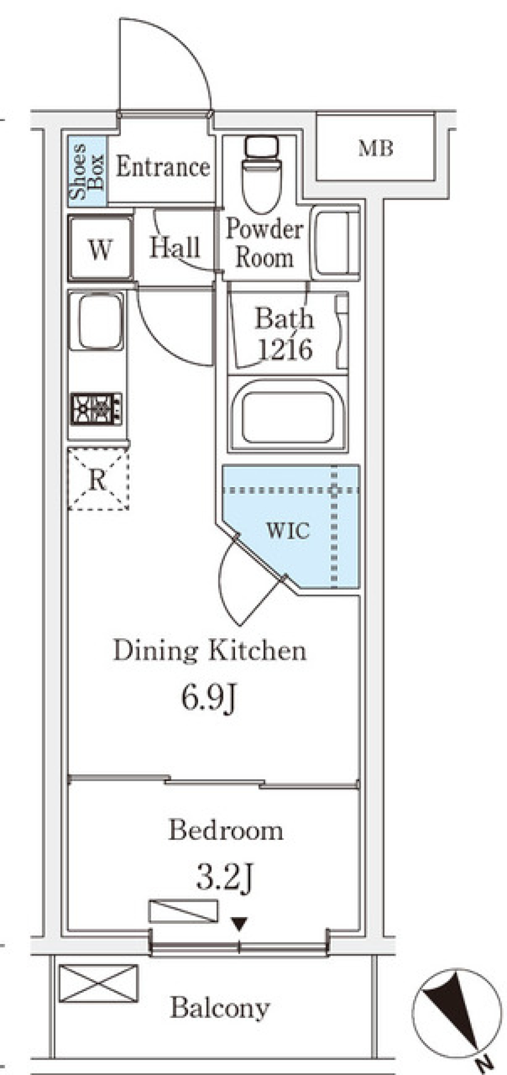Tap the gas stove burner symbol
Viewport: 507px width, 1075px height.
point(97,409)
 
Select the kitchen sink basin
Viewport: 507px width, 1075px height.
point(97,321)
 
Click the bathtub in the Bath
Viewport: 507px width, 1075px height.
point(288,414)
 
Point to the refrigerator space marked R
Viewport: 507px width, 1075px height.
point(98,479)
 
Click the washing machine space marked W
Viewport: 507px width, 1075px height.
point(100,248)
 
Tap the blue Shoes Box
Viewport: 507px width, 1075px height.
point(87,171)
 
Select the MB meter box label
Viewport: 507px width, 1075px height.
point(376,148)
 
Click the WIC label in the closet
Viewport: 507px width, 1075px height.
point(288,530)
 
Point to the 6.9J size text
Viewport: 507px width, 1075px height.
point(208,698)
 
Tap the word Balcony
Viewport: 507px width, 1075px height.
point(220,1008)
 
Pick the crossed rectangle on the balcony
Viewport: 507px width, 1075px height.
point(98,983)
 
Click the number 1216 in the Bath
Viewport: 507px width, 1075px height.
point(286,349)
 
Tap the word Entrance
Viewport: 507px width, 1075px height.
point(163,167)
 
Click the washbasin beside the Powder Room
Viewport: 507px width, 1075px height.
point(336,242)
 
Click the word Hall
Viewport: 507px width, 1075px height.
point(175,247)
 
